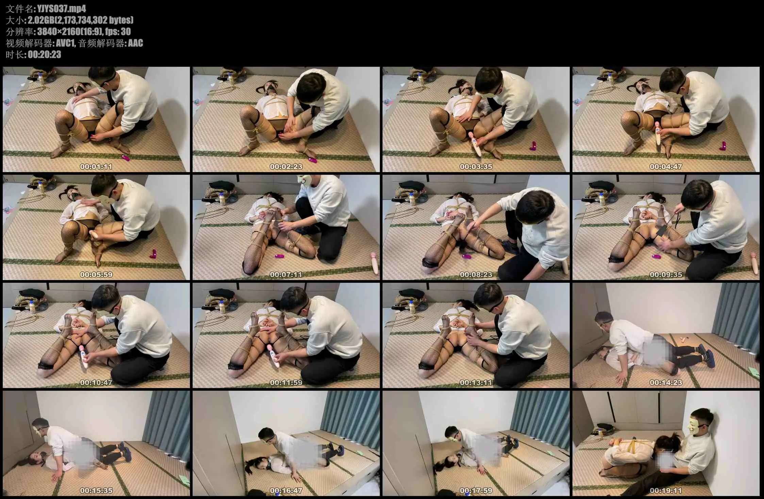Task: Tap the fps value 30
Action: tap(126, 32)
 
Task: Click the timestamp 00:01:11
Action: tap(96, 167)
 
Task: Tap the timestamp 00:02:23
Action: tap(286, 167)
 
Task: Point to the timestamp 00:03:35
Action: tap(476, 167)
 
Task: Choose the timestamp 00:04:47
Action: tap(666, 167)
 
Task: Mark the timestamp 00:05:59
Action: tap(96, 274)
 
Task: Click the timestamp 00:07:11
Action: tap(286, 274)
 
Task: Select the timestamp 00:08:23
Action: tap(476, 274)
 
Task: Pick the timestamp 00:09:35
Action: tap(666, 274)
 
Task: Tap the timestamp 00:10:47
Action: tap(96, 382)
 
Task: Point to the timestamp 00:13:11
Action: tap(476, 382)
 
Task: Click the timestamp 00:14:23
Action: tap(666, 382)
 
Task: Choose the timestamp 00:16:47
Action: tap(286, 491)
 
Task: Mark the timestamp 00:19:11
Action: tap(666, 491)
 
